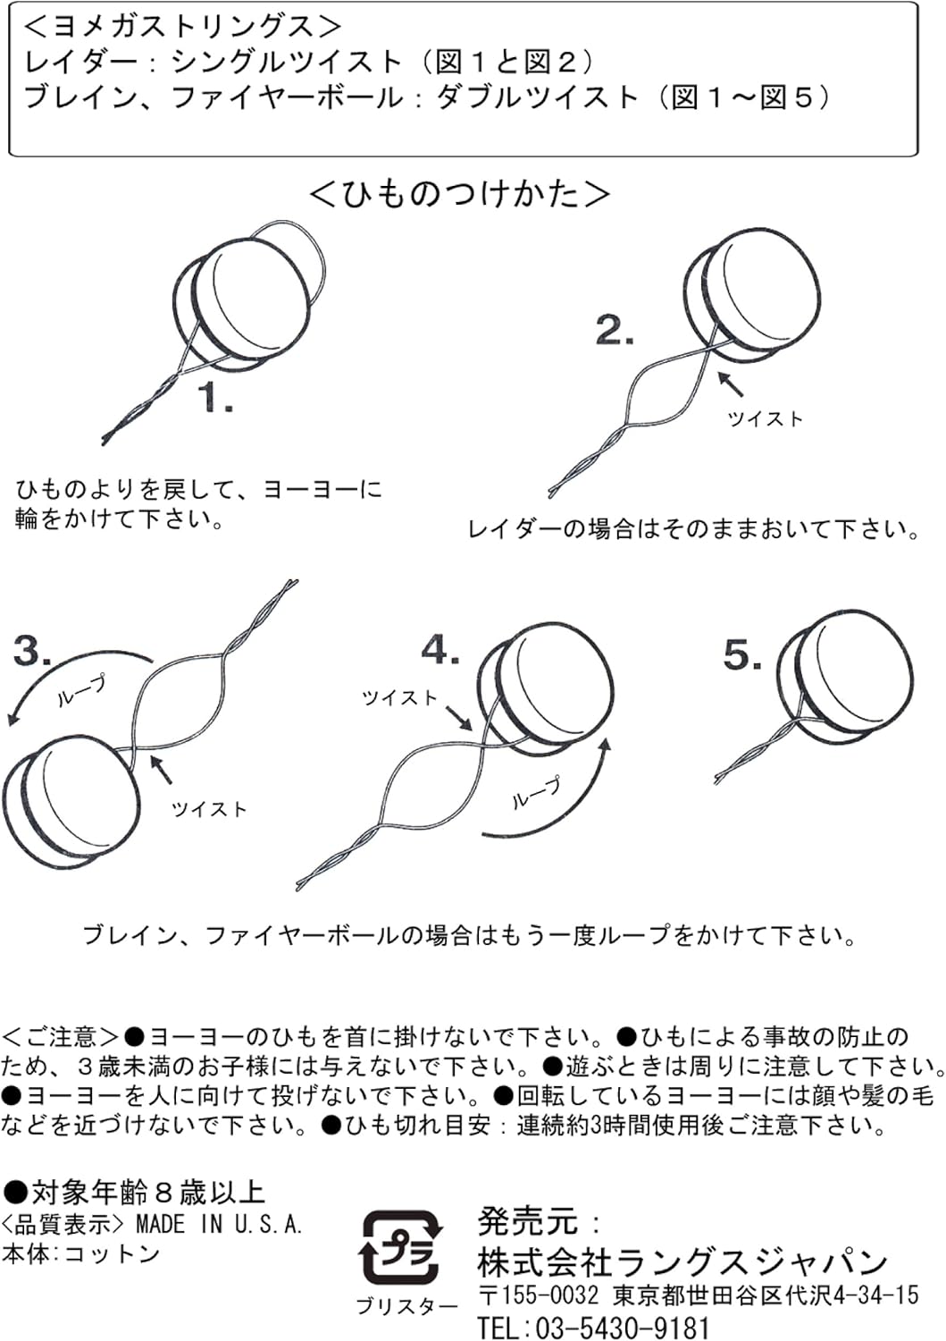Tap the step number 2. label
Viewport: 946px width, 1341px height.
(615, 332)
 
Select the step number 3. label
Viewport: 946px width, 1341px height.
(32, 651)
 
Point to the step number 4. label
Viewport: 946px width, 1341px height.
(440, 651)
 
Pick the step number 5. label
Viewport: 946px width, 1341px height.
(742, 656)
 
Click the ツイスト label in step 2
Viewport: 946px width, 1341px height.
(766, 418)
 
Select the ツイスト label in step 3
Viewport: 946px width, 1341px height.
(209, 809)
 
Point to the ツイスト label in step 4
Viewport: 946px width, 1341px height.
(399, 697)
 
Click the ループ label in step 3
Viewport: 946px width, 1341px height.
(81, 691)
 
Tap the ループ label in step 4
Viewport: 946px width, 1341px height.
(537, 793)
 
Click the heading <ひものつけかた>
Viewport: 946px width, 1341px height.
(460, 193)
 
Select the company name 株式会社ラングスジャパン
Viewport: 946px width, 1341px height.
(682, 1261)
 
